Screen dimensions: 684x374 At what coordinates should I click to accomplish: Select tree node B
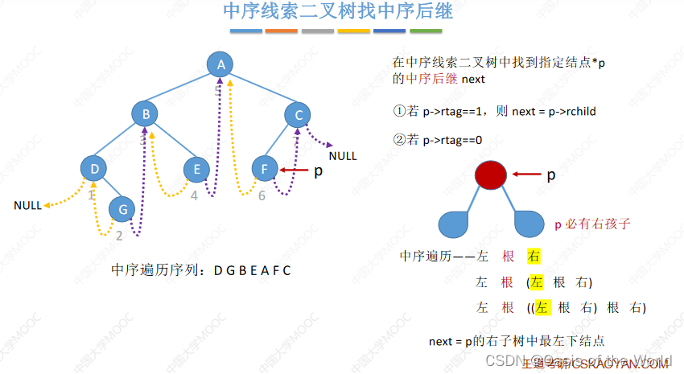[146, 115]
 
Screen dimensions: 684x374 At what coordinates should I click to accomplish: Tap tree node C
[299, 115]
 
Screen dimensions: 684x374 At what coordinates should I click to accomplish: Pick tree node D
[95, 168]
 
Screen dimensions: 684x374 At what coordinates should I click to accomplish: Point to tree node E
[196, 169]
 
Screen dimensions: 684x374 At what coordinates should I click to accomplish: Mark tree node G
[122, 209]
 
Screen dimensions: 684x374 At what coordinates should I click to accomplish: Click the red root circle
[491, 175]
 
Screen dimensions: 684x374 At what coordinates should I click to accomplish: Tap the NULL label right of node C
[343, 156]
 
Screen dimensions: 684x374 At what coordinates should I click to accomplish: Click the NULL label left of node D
[27, 206]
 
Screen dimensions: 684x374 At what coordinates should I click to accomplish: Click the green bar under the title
[426, 31]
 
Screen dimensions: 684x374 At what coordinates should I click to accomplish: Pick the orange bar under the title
[282, 31]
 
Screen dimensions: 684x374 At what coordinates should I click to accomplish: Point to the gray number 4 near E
[194, 195]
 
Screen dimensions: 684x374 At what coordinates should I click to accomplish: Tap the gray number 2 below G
[119, 236]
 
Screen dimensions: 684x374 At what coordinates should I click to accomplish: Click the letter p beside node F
[318, 171]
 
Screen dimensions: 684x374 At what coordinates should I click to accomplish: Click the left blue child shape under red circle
[457, 223]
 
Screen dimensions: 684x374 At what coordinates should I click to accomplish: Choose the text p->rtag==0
[444, 139]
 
